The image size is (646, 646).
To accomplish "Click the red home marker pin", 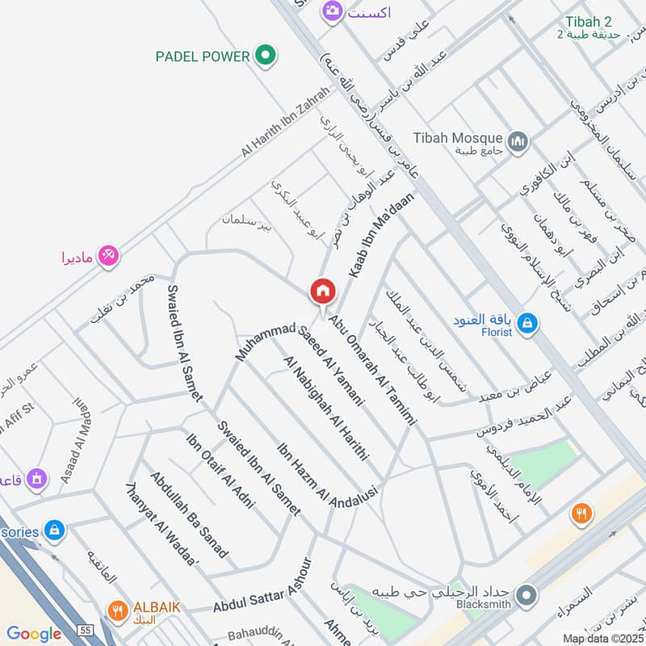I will pos(322,292).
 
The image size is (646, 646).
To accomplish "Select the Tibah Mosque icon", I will pos(518,142).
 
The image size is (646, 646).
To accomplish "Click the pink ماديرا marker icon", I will pos(107,255).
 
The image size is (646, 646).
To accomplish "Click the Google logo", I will pos(34,634).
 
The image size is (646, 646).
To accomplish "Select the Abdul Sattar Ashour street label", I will pos(262,596).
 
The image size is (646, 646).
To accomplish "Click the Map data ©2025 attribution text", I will pos(602,639).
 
